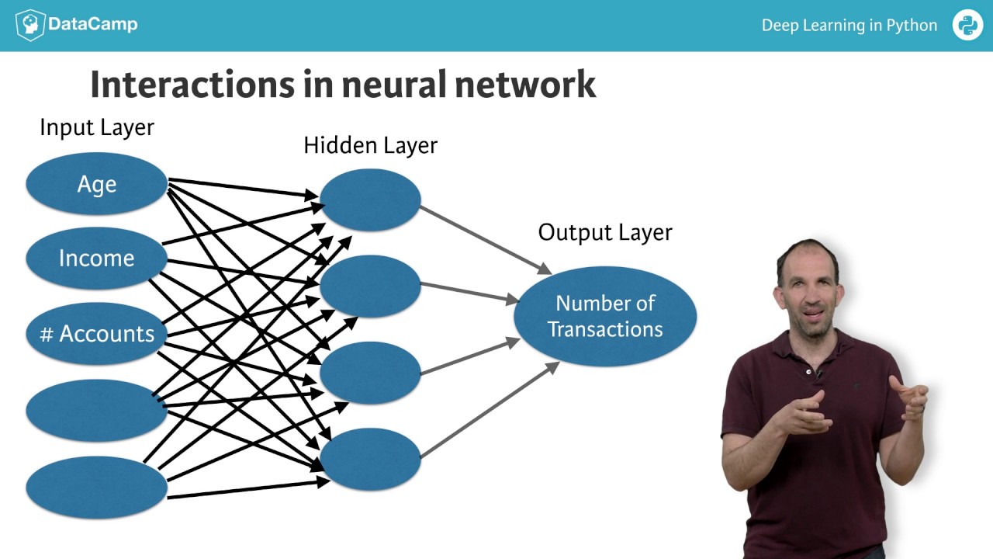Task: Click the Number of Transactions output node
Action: [605, 316]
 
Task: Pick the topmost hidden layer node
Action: [370, 200]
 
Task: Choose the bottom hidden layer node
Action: [370, 459]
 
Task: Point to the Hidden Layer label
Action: [370, 145]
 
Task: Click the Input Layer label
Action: [97, 127]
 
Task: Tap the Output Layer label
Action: [605, 232]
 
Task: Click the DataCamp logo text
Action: [92, 25]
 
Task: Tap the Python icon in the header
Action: [967, 25]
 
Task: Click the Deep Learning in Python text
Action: [849, 26]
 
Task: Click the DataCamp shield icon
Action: [29, 25]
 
